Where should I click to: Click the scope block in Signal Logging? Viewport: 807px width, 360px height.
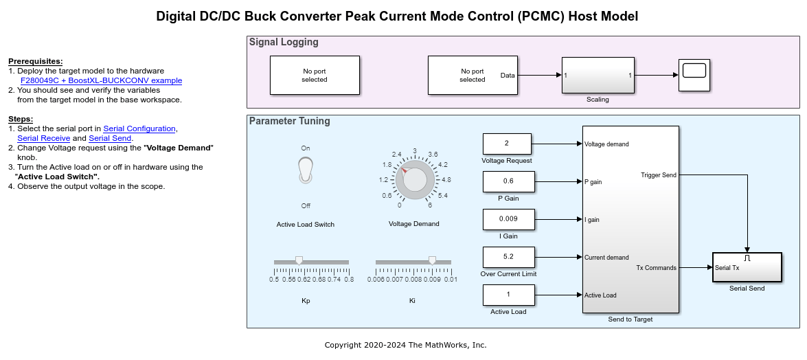tap(694, 75)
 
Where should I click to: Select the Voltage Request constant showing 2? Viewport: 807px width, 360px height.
tap(506, 144)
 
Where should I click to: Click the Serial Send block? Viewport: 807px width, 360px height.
tap(747, 267)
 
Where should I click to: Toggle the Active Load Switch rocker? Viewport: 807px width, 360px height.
tap(306, 170)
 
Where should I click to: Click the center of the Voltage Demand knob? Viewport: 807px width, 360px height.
tap(414, 179)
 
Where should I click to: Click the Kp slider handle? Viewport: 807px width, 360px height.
tap(299, 260)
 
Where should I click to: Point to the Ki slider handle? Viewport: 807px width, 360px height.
tap(432, 260)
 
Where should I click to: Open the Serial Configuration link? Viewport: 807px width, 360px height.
tap(139, 128)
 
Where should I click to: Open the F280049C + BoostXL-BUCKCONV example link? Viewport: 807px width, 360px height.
tap(102, 80)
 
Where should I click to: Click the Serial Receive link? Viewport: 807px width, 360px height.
tap(43, 138)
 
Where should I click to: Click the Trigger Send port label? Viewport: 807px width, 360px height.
tap(658, 175)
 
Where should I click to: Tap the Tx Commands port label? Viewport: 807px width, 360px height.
tap(656, 268)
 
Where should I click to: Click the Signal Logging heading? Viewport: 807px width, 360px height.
tap(284, 42)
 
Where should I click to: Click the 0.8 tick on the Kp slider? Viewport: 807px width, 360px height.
tap(349, 280)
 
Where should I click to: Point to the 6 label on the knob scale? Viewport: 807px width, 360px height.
tap(429, 205)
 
